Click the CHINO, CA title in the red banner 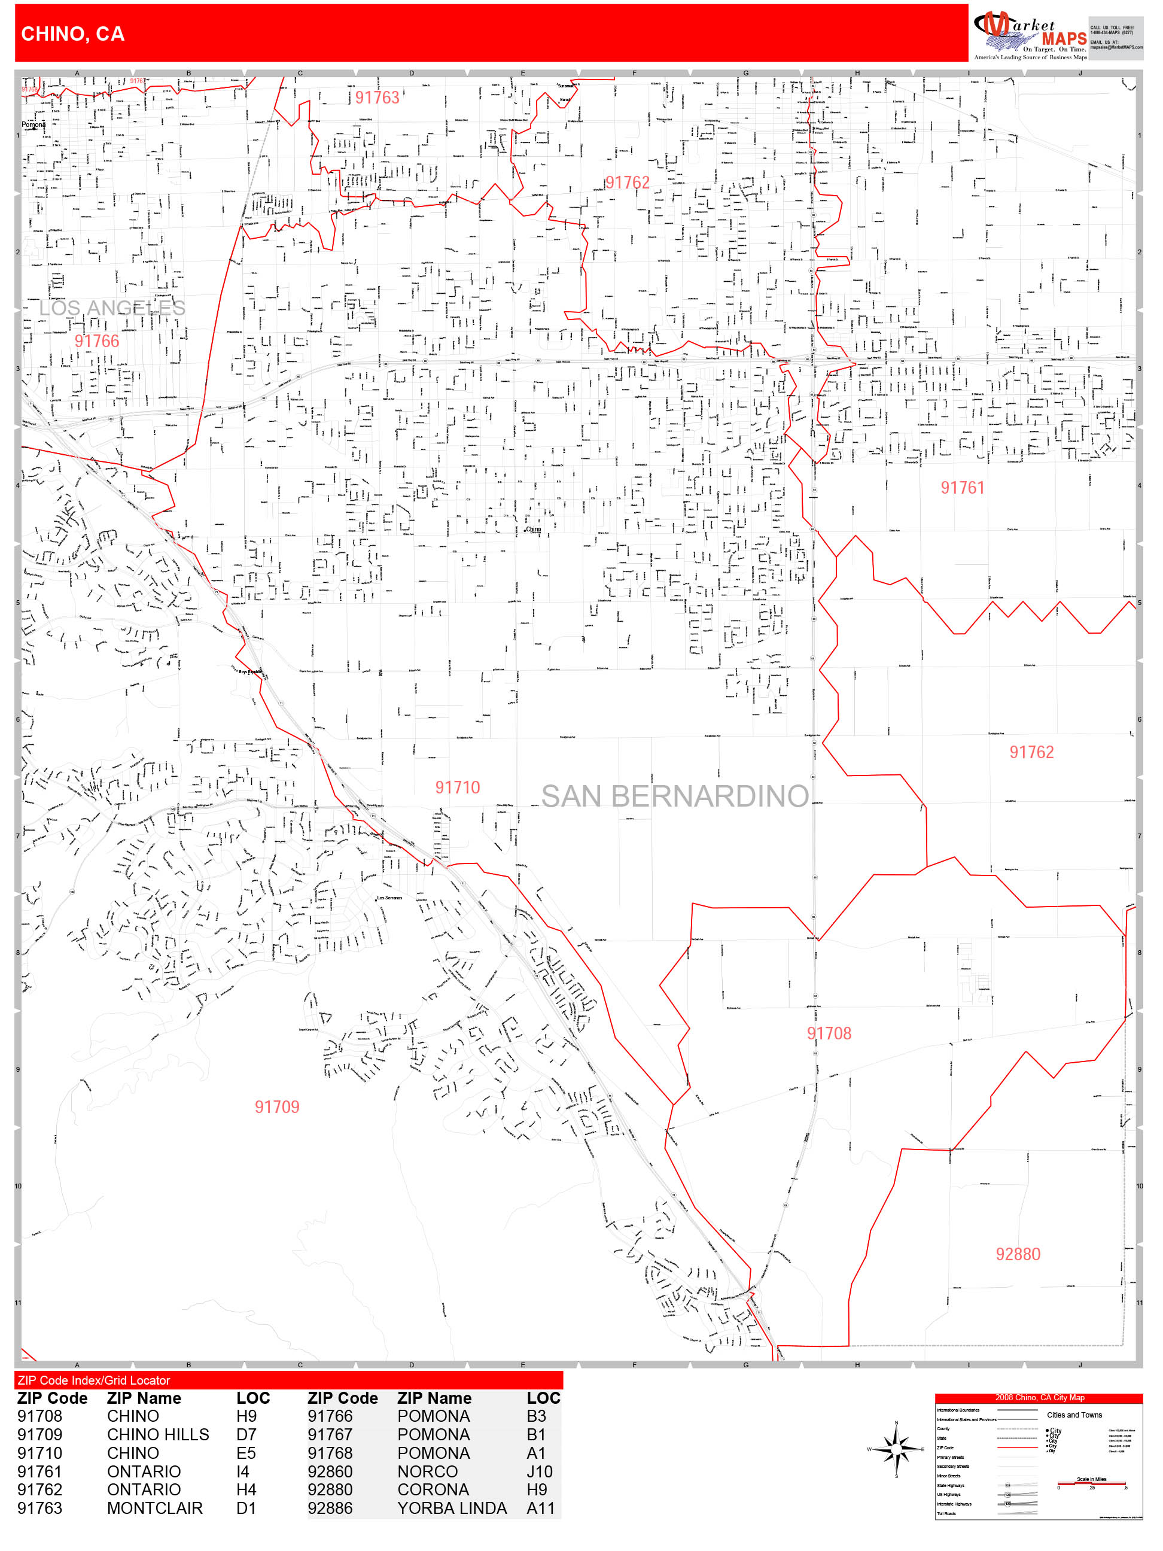pos(73,34)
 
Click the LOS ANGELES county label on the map pos(112,308)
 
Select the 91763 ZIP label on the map pos(377,98)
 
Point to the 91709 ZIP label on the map pos(277,1107)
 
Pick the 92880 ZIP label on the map pos(1018,1254)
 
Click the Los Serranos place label pos(390,898)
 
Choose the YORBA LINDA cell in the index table pos(452,1509)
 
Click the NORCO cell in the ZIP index pos(427,1472)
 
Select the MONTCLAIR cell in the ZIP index pos(154,1509)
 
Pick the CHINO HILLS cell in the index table pos(158,1434)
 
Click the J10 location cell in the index pos(539,1472)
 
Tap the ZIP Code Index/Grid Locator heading pos(94,1380)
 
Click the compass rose pos(897,1449)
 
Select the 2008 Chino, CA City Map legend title pos(1039,1397)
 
